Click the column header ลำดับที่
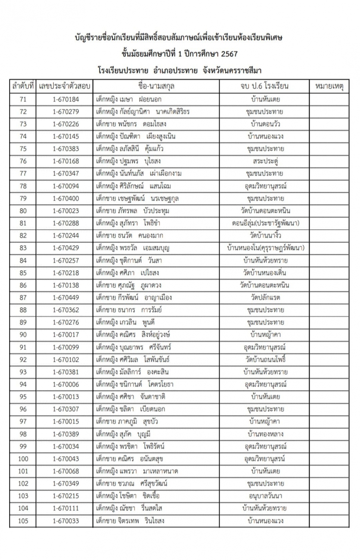point(23,86)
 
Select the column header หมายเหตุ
point(329,86)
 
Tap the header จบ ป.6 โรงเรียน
point(264,86)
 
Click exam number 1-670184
point(66,99)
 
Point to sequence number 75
point(23,149)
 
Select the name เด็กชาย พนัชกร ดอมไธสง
point(131,124)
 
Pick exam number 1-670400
point(66,198)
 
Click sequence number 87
point(23,298)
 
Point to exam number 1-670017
point(66,335)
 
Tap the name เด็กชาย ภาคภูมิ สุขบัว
point(127,421)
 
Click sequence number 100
point(23,459)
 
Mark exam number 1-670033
point(66,521)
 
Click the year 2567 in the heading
point(229,54)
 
